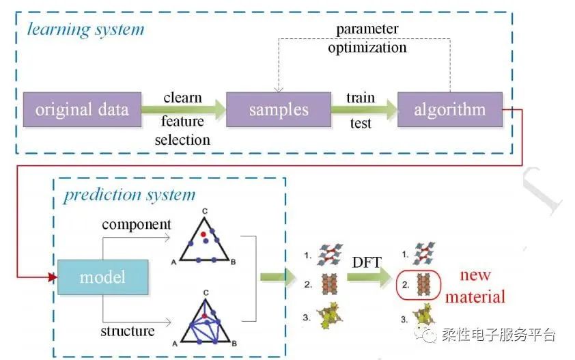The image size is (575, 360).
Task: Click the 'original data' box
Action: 82,110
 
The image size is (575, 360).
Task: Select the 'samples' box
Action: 278,110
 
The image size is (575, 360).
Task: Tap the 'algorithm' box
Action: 449,110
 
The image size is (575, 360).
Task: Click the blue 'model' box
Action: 102,277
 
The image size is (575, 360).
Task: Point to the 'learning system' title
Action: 86,29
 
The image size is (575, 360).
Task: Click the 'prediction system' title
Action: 130,195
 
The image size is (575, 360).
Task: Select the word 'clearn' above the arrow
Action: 182,98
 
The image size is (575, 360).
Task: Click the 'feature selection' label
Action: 182,130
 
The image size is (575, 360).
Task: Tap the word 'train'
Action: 360,98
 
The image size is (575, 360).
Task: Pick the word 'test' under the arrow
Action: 360,124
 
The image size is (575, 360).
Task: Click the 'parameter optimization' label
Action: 367,39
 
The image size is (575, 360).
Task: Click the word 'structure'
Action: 128,331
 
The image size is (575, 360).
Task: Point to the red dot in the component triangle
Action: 203,234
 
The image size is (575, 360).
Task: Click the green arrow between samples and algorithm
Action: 361,110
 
